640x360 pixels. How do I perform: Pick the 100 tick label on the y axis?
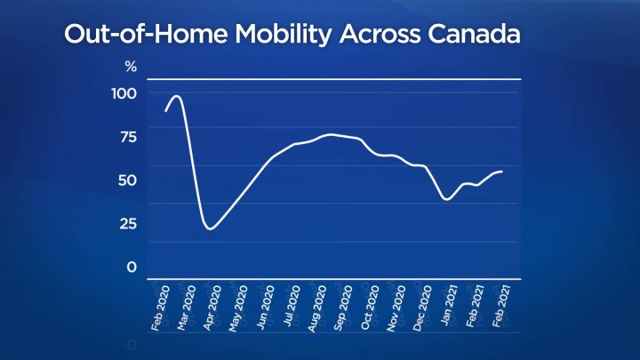[x=124, y=93]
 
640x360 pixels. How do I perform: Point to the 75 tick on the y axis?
[x=127, y=136]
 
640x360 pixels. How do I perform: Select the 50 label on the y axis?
[x=127, y=180]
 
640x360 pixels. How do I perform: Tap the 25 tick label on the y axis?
[x=127, y=223]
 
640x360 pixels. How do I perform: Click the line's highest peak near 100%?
[x=176, y=96]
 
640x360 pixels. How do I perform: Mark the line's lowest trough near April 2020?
[x=210, y=228]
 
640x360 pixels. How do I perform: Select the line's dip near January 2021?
[x=447, y=199]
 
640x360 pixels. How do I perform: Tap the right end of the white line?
[x=502, y=171]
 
